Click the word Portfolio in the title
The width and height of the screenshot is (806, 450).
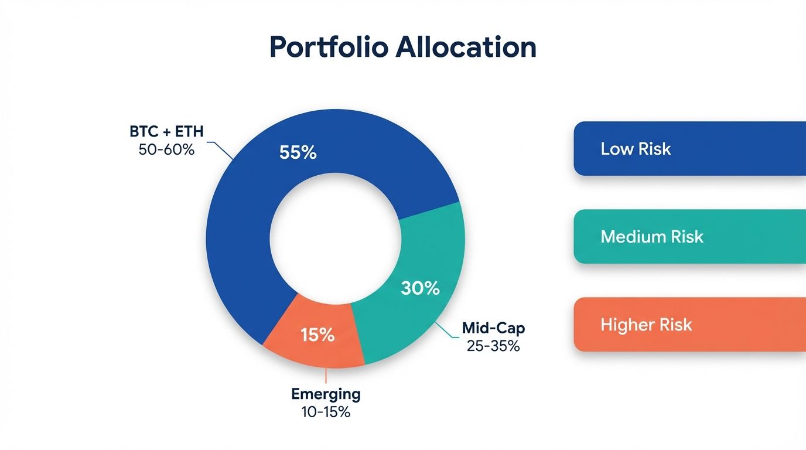pyautogui.click(x=328, y=47)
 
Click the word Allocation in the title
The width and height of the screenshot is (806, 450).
pyautogui.click(x=466, y=47)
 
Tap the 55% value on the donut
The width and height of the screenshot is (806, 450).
pyautogui.click(x=298, y=153)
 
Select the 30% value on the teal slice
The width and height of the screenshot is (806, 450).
pyautogui.click(x=420, y=288)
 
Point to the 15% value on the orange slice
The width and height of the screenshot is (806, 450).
pyautogui.click(x=317, y=335)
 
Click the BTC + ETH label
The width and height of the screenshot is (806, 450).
pyautogui.click(x=166, y=131)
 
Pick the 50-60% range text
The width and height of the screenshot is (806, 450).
pyautogui.click(x=166, y=149)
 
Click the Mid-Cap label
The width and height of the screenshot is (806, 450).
pyautogui.click(x=493, y=328)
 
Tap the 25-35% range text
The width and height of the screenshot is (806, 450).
pyautogui.click(x=493, y=346)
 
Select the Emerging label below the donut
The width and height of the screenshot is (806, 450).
pyautogui.click(x=326, y=394)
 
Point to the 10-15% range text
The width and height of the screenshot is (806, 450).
pyautogui.click(x=326, y=412)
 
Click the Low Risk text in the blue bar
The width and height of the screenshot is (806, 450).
pyautogui.click(x=636, y=149)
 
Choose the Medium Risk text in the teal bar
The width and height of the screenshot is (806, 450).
pyautogui.click(x=652, y=237)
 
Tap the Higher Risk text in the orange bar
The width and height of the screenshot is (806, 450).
pyautogui.click(x=646, y=325)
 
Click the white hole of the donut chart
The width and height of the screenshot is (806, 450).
pyautogui.click(x=335, y=237)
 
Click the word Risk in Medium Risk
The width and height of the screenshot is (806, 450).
pyautogui.click(x=685, y=237)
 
